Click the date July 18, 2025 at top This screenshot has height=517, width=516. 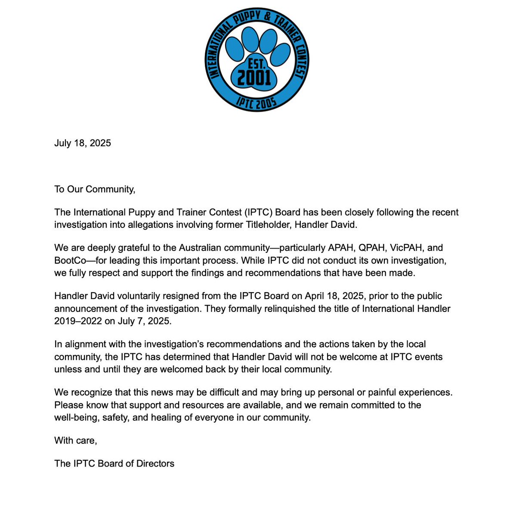83,143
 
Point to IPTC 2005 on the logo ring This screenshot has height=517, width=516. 256,102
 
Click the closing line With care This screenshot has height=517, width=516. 76,440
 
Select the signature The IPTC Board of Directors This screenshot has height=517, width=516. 114,464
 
